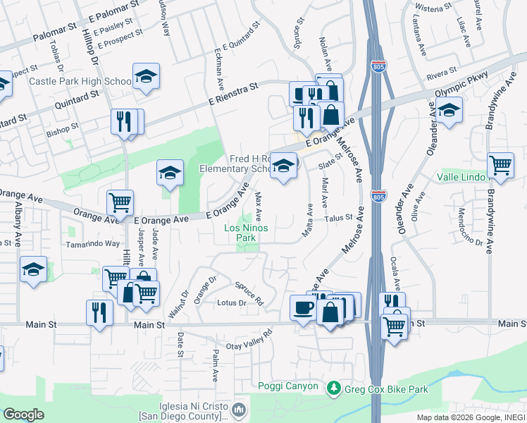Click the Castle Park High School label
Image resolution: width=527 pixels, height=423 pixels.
click(80, 82)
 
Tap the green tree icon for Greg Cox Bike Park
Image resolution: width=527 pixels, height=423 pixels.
click(333, 388)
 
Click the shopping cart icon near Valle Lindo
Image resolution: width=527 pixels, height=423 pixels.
click(500, 166)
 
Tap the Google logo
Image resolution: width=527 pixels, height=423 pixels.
click(23, 414)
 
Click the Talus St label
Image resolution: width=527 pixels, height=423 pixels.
click(338, 219)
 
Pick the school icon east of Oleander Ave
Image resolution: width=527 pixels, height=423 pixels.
click(449, 110)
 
